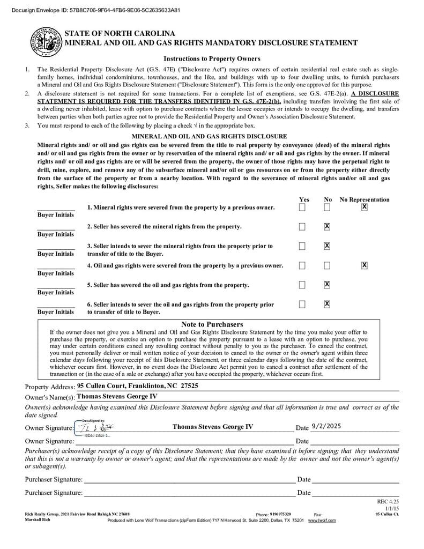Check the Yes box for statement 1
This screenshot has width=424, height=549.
pyautogui.click(x=302, y=207)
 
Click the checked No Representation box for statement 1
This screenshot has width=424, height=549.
pyautogui.click(x=365, y=207)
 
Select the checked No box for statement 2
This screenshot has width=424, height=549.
pyautogui.click(x=327, y=227)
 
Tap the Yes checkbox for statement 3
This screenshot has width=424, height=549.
pyautogui.click(x=302, y=246)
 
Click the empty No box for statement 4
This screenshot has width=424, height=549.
pyautogui.click(x=327, y=265)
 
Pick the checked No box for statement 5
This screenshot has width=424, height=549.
pyautogui.click(x=327, y=285)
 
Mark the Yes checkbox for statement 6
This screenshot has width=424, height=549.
pyautogui.click(x=302, y=305)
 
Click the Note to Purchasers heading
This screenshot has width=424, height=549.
pyautogui.click(x=212, y=324)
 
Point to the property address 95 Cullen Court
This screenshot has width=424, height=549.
pyautogui.click(x=137, y=386)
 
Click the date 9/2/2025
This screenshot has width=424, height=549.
pyautogui.click(x=326, y=427)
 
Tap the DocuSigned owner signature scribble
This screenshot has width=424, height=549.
pyautogui.click(x=94, y=427)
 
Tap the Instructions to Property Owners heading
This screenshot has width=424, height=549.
pyautogui.click(x=212, y=59)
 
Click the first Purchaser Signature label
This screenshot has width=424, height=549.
pyautogui.click(x=54, y=479)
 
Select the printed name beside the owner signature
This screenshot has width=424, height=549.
pyautogui.click(x=213, y=427)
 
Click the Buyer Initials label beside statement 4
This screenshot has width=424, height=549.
pyautogui.click(x=56, y=273)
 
